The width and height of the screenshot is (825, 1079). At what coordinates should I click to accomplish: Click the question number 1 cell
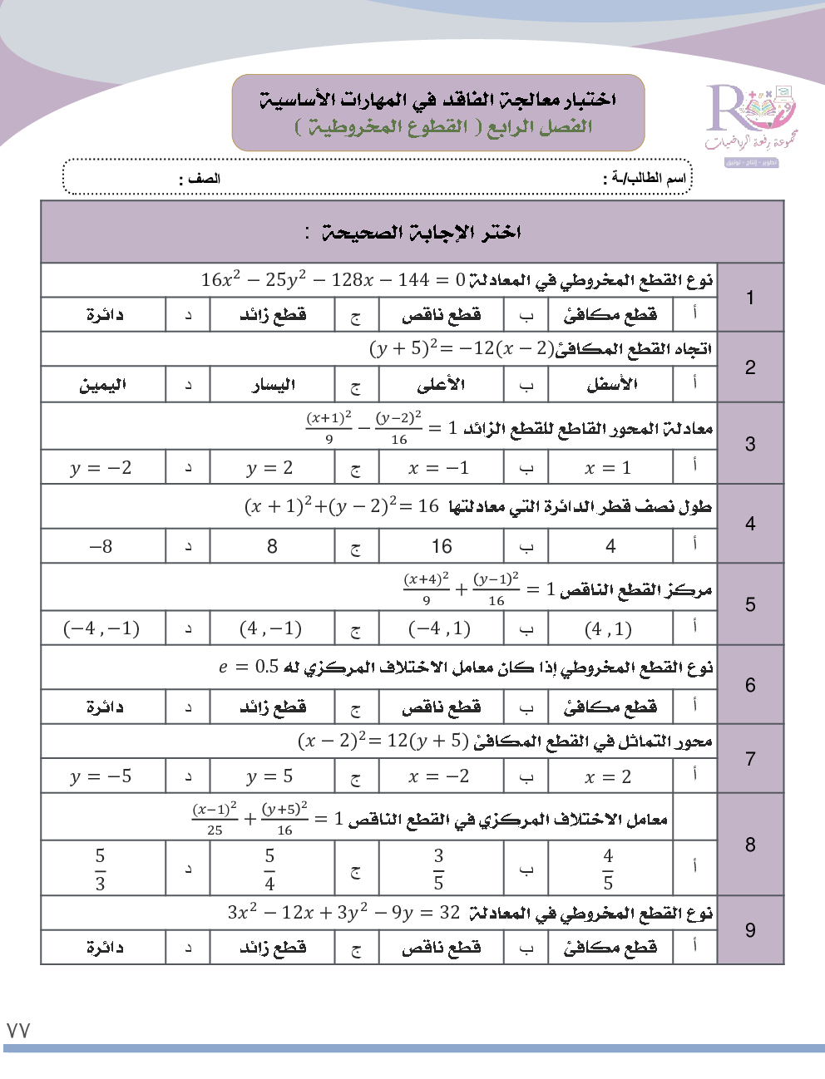[x=750, y=298]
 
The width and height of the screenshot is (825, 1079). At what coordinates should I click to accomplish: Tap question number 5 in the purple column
[x=750, y=604]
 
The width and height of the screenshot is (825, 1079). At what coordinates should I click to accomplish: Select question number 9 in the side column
[x=750, y=930]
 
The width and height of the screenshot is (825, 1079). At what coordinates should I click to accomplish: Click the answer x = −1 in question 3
[x=439, y=468]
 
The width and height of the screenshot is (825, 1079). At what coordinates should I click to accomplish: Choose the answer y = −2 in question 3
[x=101, y=468]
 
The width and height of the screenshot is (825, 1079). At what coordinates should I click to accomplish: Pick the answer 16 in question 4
[x=442, y=546]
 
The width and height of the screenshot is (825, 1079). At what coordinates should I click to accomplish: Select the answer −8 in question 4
[x=101, y=546]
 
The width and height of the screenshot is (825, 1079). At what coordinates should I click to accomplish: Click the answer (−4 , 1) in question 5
[x=439, y=629]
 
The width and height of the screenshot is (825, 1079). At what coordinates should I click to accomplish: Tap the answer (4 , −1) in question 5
[x=270, y=629]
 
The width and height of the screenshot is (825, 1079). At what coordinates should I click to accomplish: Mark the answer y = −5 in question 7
[x=101, y=776]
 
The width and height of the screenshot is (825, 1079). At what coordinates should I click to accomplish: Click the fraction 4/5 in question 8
[x=608, y=869]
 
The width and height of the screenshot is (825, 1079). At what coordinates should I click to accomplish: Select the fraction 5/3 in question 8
[x=101, y=869]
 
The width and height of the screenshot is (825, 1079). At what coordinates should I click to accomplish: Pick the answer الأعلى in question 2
[x=441, y=385]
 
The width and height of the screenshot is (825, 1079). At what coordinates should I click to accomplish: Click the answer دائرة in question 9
[x=105, y=947]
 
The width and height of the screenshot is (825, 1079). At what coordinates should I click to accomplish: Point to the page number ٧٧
[x=18, y=1031]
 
